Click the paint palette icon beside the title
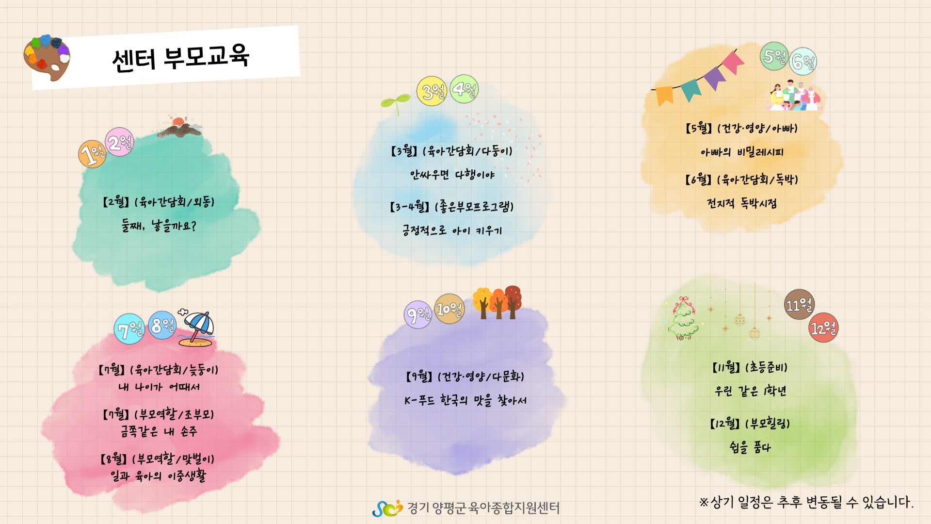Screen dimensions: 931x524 pos(47,58)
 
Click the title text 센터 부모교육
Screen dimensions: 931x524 pos(180,58)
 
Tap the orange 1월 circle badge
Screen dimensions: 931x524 pos(92,154)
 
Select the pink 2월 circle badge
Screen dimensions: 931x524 pos(119,142)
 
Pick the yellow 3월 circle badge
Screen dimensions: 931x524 pos(432,91)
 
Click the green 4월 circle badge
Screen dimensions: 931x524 pos(464,89)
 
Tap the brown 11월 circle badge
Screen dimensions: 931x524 pos(799,305)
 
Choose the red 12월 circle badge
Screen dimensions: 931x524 pos(823,327)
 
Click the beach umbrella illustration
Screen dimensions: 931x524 pos(196,328)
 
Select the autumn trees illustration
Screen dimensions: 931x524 pos(498,302)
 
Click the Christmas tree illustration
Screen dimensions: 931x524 pos(683,318)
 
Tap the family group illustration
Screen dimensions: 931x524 pos(795,95)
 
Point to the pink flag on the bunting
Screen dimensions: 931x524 pos(732,63)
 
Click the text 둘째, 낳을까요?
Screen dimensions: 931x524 pos(159,226)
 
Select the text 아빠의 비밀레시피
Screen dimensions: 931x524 pos(742,152)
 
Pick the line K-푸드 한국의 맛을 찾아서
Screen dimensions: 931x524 pos(465,400)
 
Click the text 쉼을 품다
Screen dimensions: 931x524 pos(750,447)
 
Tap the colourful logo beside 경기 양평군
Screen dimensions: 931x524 pos(387,508)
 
